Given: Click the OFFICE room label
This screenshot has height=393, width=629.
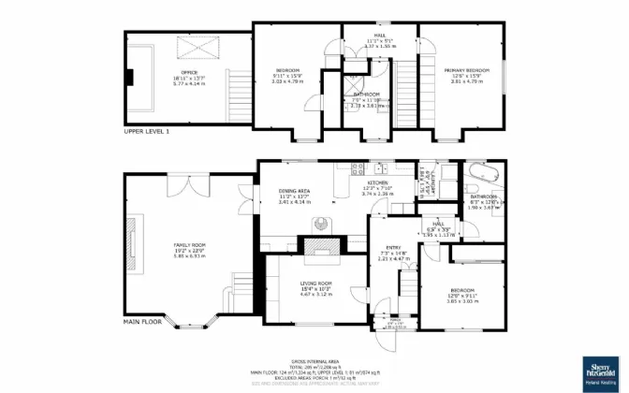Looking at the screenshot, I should (189, 71).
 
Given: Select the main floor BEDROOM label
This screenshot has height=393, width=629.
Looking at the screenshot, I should (461, 290).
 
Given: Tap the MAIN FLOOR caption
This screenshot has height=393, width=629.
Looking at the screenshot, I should (143, 321).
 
